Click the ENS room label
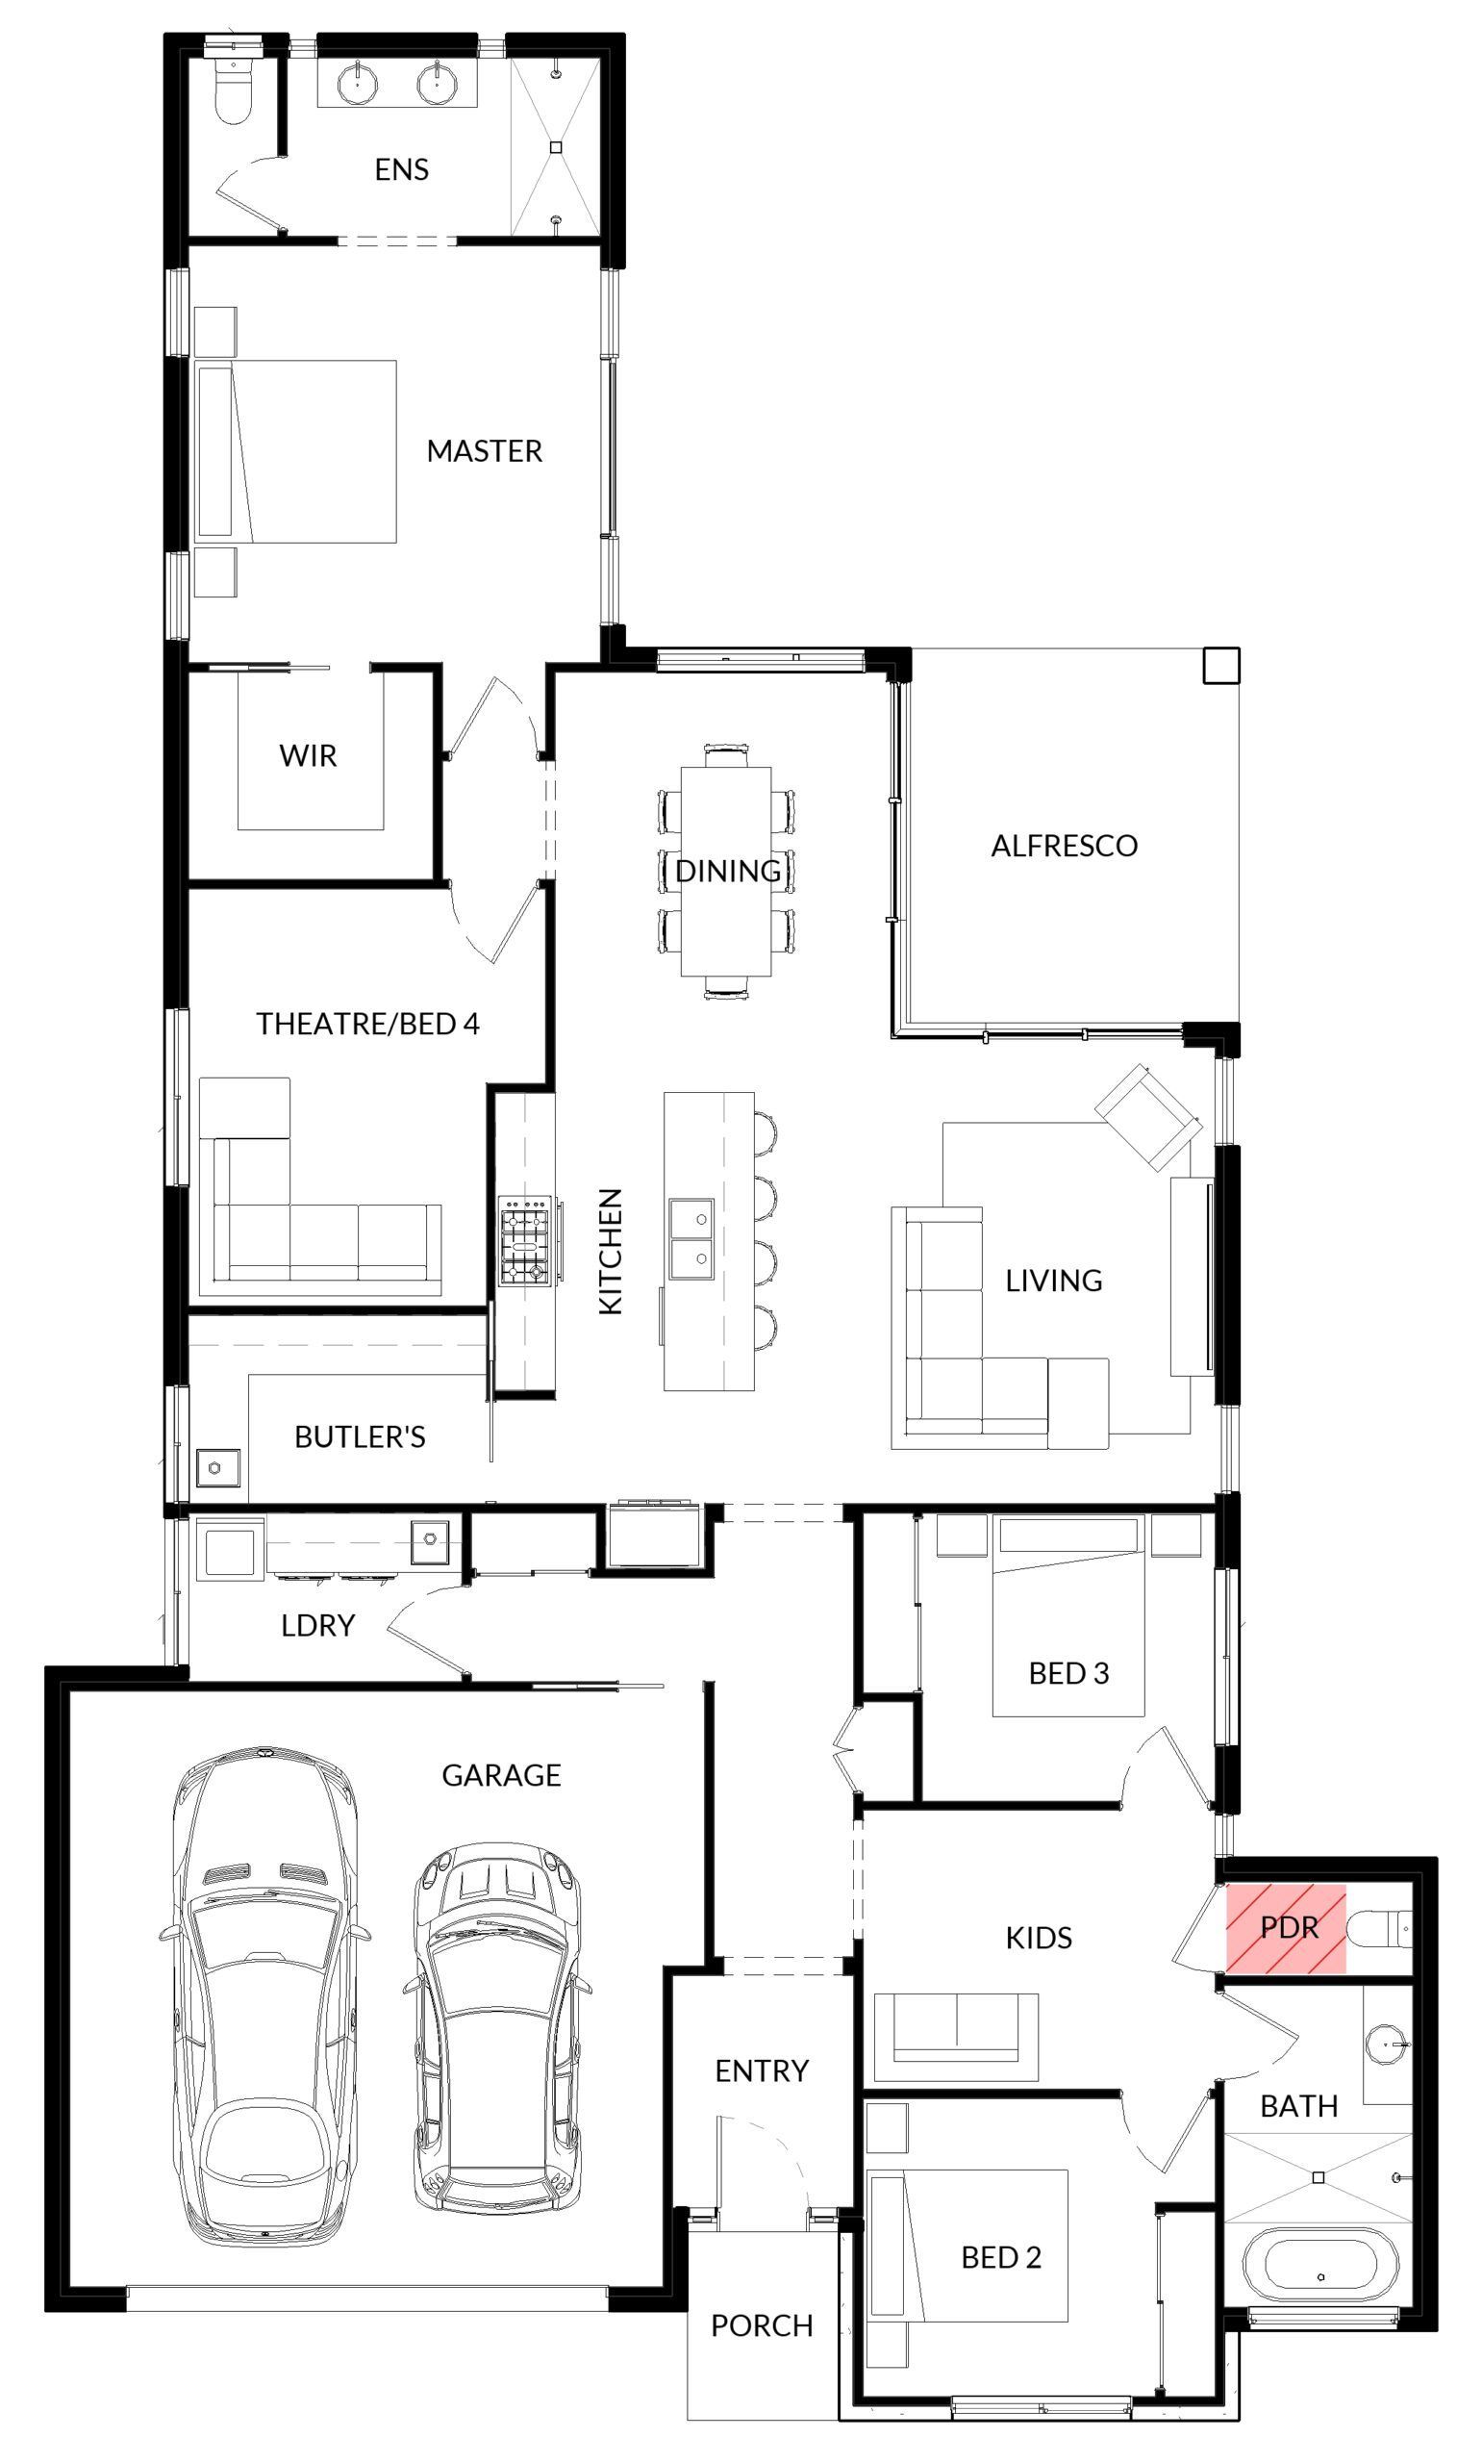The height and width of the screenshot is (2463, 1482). click(x=401, y=169)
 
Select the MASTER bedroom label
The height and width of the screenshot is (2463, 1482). click(x=485, y=451)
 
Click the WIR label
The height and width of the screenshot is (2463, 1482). click(x=308, y=756)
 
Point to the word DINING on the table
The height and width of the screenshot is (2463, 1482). click(x=728, y=871)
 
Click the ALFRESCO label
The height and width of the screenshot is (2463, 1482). click(x=1064, y=846)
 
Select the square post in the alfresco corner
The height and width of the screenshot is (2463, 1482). click(x=1220, y=665)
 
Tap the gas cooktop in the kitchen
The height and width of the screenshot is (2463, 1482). click(x=524, y=1239)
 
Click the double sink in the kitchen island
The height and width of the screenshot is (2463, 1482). click(x=691, y=1238)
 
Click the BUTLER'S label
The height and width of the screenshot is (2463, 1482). click(x=360, y=1437)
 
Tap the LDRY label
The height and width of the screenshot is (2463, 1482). click(x=317, y=1626)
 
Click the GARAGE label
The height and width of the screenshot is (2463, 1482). click(x=501, y=1775)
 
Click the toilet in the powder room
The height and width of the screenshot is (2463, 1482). click(x=1379, y=1928)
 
